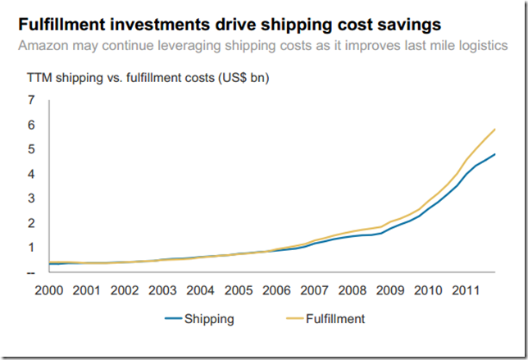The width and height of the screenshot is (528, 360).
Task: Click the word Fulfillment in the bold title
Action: (x=62, y=22)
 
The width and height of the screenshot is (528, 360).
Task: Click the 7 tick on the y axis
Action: (x=31, y=101)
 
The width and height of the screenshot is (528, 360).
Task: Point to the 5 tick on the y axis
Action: (x=31, y=150)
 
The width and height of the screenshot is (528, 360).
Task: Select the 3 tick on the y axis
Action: (x=31, y=198)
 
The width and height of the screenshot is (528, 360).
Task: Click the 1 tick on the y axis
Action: (x=31, y=248)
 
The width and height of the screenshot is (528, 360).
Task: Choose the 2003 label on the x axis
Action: (x=162, y=289)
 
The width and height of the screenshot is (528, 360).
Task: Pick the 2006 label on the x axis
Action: (x=276, y=289)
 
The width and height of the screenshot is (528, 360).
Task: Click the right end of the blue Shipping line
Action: (x=495, y=154)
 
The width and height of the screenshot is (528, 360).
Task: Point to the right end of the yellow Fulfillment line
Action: (x=495, y=129)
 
